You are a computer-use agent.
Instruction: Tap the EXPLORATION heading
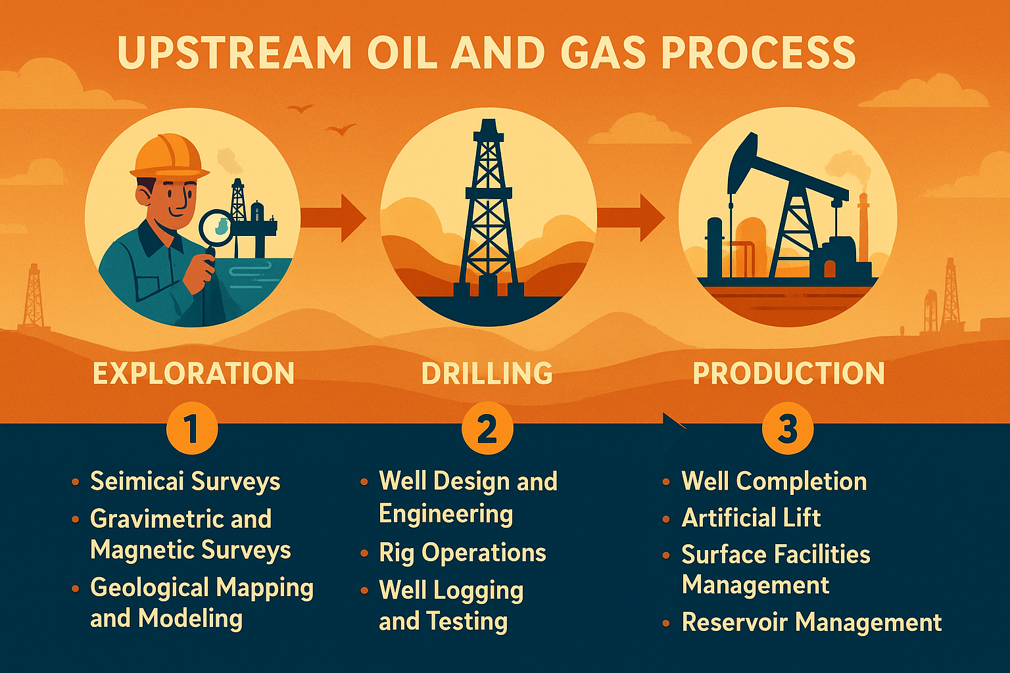click(x=193, y=373)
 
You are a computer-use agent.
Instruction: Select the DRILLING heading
click(x=487, y=373)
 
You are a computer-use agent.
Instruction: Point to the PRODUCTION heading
click(x=788, y=373)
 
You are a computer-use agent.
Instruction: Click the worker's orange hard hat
click(x=168, y=156)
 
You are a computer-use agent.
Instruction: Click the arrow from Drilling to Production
click(x=631, y=217)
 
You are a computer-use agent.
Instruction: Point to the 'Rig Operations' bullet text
click(x=462, y=553)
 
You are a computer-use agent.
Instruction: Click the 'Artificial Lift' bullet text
click(x=751, y=518)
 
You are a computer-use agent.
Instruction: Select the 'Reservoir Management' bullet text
click(x=811, y=622)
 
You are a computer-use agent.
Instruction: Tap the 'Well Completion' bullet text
click(x=774, y=481)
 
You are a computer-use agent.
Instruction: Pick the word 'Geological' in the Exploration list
click(x=149, y=588)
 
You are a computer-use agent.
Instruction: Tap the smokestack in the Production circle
click(x=863, y=227)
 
